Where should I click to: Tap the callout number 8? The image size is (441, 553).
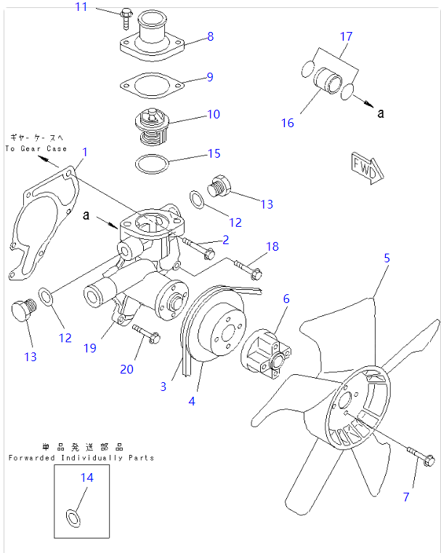tap(210, 36)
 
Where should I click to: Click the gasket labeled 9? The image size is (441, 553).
tap(150, 85)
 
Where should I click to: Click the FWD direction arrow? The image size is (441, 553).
tap(365, 168)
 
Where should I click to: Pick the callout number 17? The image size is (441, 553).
tap(346, 36)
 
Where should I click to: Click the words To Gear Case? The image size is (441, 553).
tap(36, 148)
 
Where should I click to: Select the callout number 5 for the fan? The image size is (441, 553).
tap(387, 258)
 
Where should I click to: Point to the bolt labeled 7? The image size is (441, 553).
tap(420, 457)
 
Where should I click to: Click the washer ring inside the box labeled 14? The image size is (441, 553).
tap(73, 518)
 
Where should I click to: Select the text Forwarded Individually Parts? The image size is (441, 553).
tap(81, 458)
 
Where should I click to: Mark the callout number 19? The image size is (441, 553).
tap(89, 348)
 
